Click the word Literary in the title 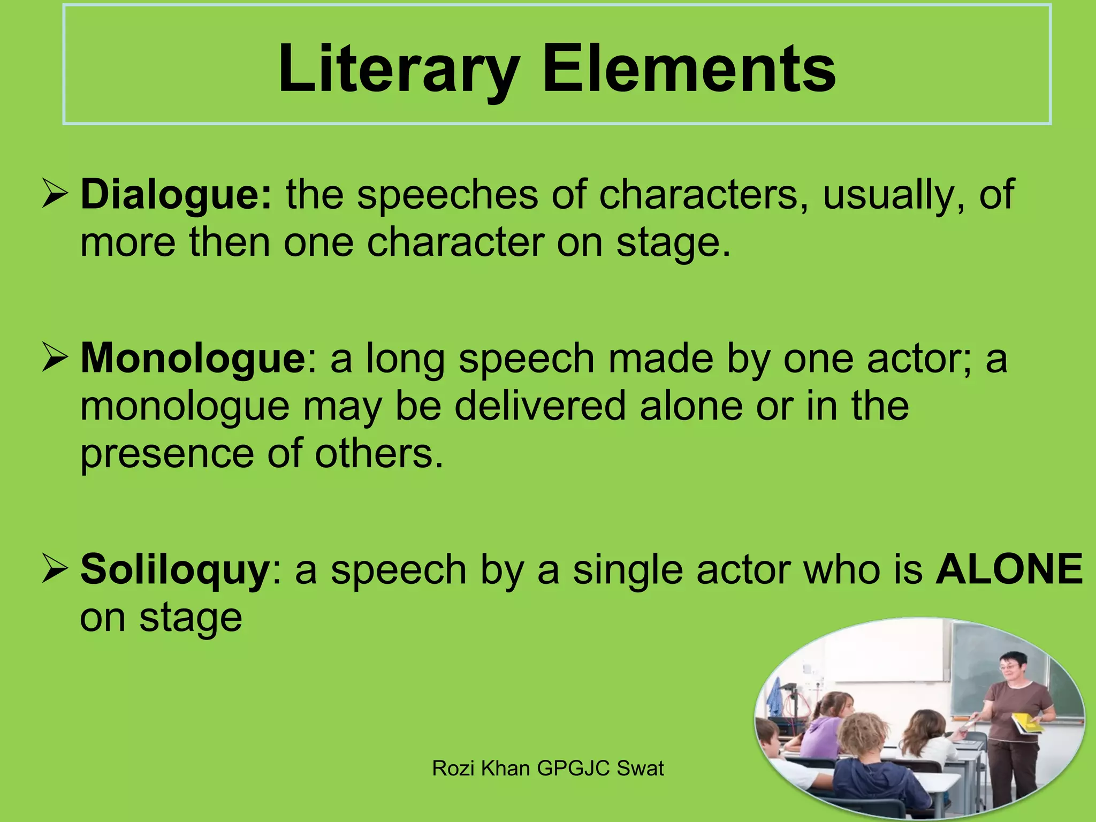(399, 70)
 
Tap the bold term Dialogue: (176, 195)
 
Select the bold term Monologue (193, 359)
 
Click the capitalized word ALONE (1009, 568)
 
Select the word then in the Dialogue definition (230, 242)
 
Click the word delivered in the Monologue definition (540, 406)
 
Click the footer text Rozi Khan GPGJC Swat (547, 768)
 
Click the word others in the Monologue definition (379, 454)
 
